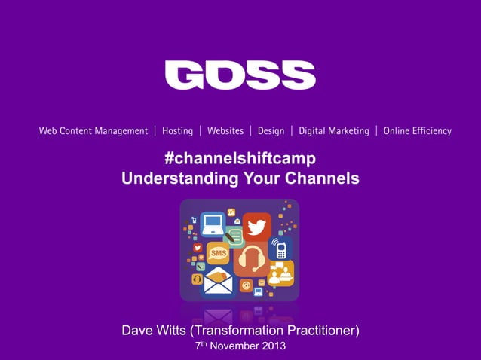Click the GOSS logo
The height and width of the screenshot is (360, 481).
[240, 75]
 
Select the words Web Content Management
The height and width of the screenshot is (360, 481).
[93, 131]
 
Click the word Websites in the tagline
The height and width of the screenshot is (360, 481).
[225, 131]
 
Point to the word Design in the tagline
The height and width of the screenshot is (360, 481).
[271, 131]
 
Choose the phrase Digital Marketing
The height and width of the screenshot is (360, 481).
[334, 131]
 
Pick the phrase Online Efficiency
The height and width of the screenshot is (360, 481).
[417, 131]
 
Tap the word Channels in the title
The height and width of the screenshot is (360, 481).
[323, 178]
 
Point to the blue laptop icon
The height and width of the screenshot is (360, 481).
[213, 224]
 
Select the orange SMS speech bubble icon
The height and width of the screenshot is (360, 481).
[218, 253]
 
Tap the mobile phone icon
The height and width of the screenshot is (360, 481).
[281, 249]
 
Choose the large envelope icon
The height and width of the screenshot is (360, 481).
[217, 283]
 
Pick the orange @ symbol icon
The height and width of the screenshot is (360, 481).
[246, 285]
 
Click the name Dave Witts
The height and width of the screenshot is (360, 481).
[156, 331]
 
